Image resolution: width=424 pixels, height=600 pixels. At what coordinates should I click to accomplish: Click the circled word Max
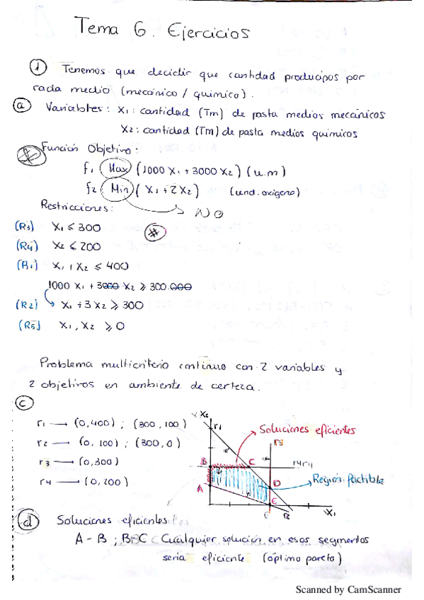point(115,169)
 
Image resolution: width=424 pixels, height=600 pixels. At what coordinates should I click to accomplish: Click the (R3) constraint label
point(25,227)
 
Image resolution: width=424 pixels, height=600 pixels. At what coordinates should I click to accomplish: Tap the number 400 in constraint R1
point(115,266)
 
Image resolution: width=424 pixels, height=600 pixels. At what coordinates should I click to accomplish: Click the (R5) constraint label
point(28,326)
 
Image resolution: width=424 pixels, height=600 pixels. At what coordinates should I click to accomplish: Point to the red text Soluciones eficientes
point(307,429)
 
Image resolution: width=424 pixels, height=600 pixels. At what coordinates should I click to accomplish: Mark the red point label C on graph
point(251,461)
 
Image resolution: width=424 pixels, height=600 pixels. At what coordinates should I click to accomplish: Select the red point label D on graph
point(277,483)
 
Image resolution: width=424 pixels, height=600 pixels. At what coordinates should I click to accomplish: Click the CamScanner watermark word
point(374,589)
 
